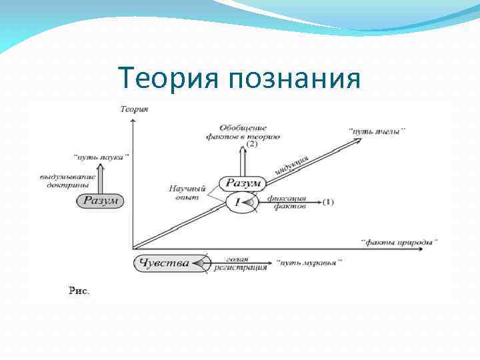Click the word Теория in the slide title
pos(170,79)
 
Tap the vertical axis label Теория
pos(134,109)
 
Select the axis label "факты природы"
pos(399,242)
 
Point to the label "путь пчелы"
pos(377,131)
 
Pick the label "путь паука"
pos(101,157)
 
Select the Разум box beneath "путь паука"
pos(100,201)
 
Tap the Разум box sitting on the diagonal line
pos(243,183)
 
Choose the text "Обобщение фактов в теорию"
pos(243,131)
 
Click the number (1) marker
pos(327,201)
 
